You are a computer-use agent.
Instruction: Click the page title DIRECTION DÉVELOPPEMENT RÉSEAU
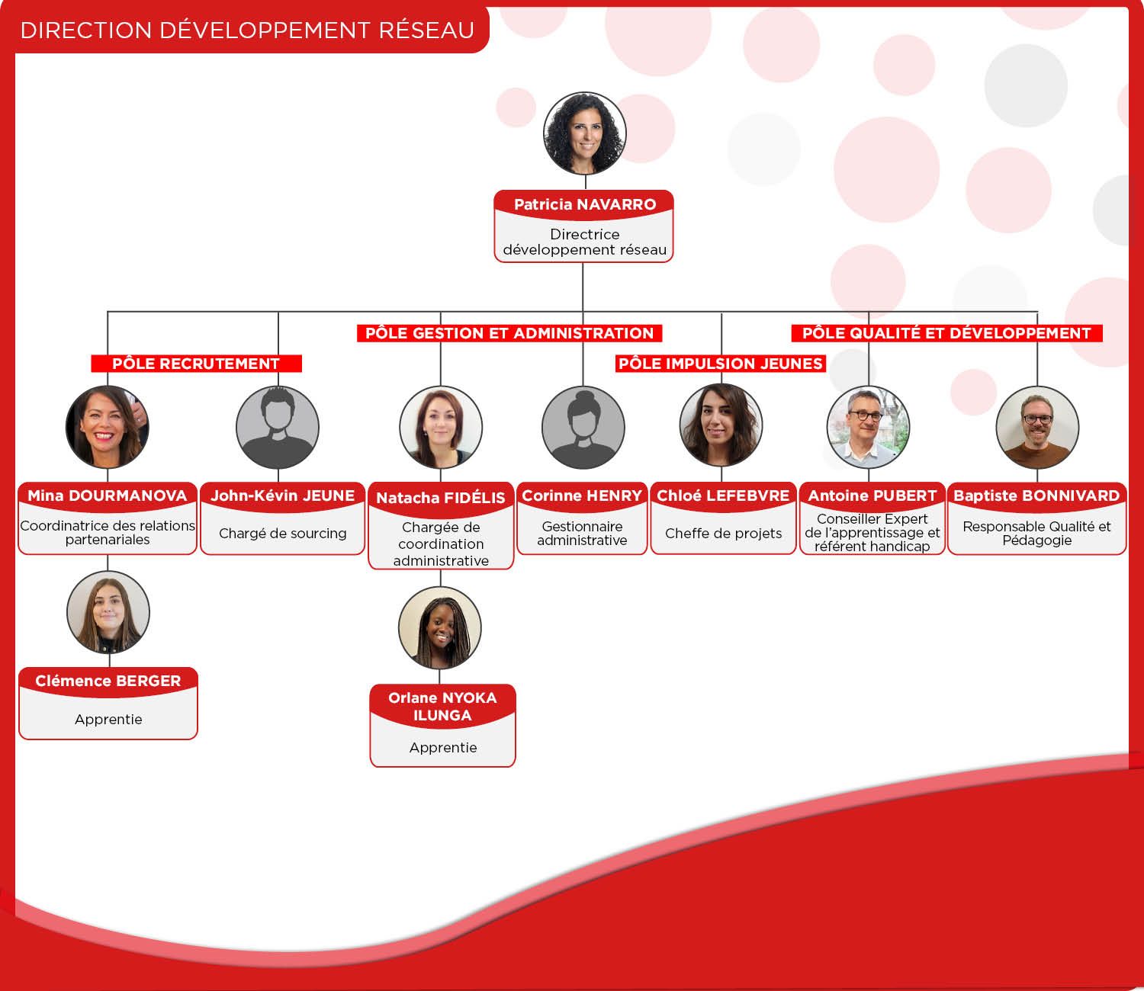pyautogui.click(x=247, y=30)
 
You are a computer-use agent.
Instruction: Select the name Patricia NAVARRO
pyautogui.click(x=585, y=205)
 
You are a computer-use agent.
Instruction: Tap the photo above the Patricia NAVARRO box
pyautogui.click(x=584, y=133)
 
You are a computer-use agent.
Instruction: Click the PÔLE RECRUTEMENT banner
pyautogui.click(x=197, y=364)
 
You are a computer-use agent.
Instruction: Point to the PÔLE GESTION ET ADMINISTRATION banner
pyautogui.click(x=509, y=333)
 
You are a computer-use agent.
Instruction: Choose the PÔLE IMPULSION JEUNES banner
pyautogui.click(x=721, y=364)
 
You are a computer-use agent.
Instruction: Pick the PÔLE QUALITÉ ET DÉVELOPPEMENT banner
pyautogui.click(x=947, y=333)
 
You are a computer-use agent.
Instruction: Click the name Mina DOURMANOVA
pyautogui.click(x=108, y=496)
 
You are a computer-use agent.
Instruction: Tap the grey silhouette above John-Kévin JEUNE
pyautogui.click(x=278, y=427)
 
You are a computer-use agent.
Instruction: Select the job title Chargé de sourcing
pyautogui.click(x=283, y=534)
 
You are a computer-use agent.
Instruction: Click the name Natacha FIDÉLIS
pyautogui.click(x=441, y=498)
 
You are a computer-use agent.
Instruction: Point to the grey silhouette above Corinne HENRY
pyautogui.click(x=583, y=427)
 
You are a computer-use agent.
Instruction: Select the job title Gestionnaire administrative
pyautogui.click(x=582, y=534)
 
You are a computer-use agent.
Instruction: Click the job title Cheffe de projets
pyautogui.click(x=723, y=534)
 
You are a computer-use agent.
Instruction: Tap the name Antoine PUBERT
pyautogui.click(x=872, y=496)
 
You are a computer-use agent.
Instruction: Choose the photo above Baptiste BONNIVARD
pyautogui.click(x=1037, y=427)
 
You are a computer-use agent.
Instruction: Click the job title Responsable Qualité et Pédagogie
pyautogui.click(x=1036, y=534)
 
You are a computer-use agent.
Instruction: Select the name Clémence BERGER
pyautogui.click(x=108, y=682)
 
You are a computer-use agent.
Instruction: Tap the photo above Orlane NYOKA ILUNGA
pyautogui.click(x=440, y=628)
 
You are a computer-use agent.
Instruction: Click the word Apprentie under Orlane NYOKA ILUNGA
pyautogui.click(x=443, y=748)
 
